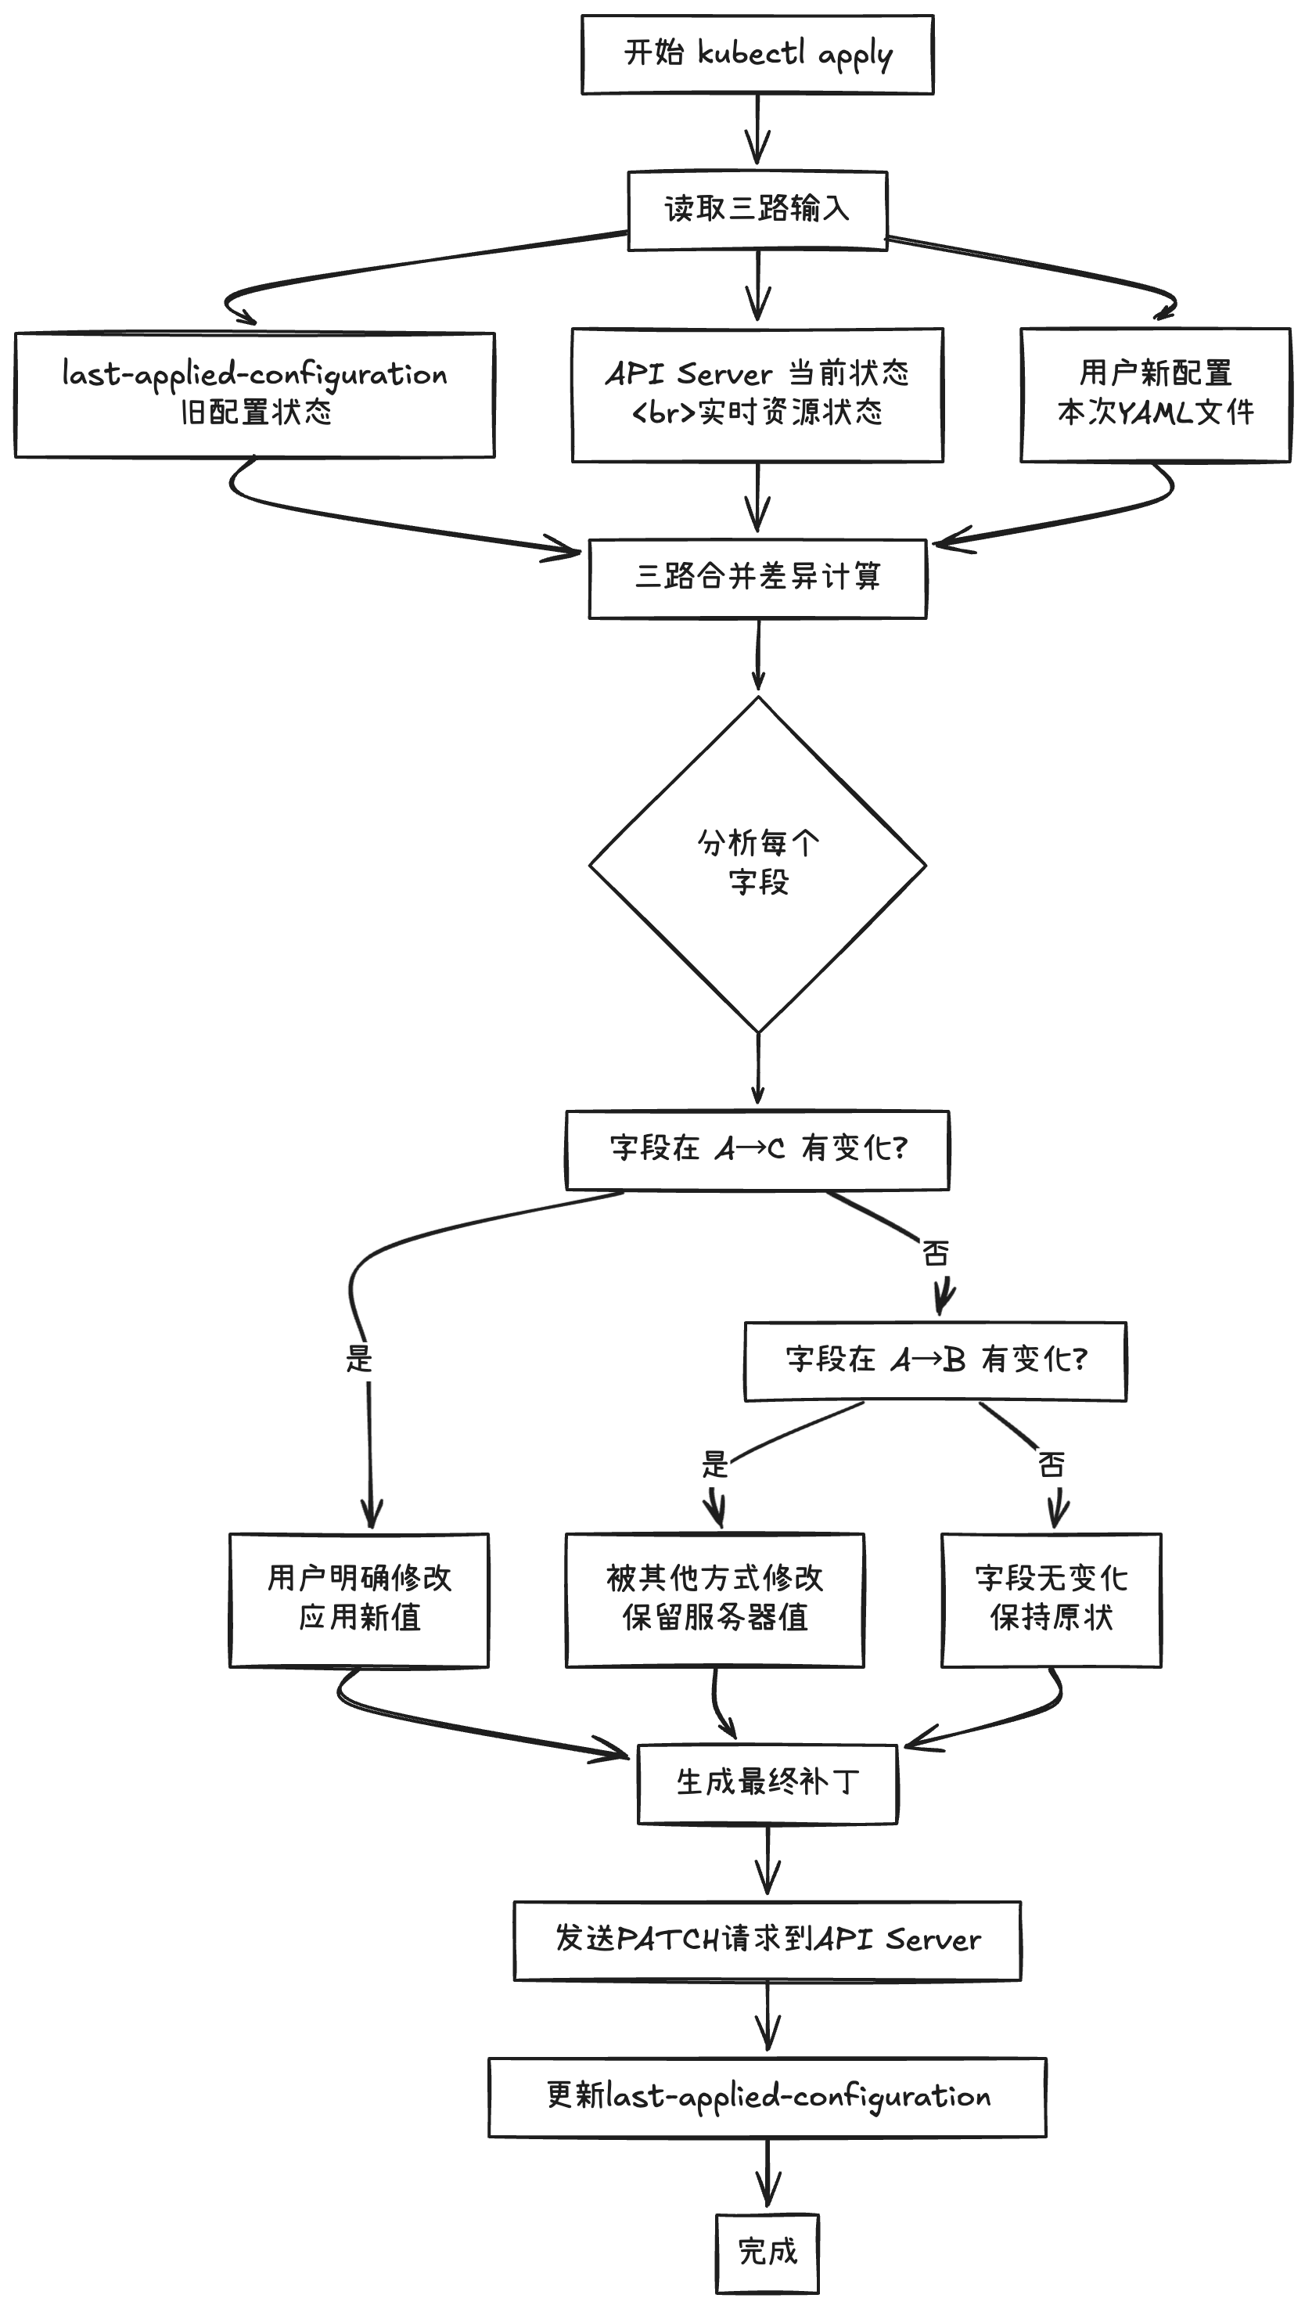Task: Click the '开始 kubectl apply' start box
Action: [757, 54]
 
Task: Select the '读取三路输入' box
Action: [757, 210]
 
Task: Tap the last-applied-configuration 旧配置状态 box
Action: [254, 394]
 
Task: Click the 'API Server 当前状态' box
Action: [757, 394]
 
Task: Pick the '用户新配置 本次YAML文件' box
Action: [1156, 394]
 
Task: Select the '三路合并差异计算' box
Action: [757, 578]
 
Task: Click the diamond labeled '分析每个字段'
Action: [757, 863]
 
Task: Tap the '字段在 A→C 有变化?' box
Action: [757, 1150]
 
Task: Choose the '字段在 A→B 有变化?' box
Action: [935, 1360]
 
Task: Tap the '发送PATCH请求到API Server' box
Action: [768, 1940]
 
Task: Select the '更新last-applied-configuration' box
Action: [768, 2096]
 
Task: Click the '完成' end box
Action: [768, 2252]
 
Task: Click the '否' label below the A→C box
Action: [935, 1252]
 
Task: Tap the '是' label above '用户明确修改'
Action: [358, 1360]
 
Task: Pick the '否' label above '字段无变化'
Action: [1051, 1465]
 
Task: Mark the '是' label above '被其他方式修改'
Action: [714, 1465]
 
